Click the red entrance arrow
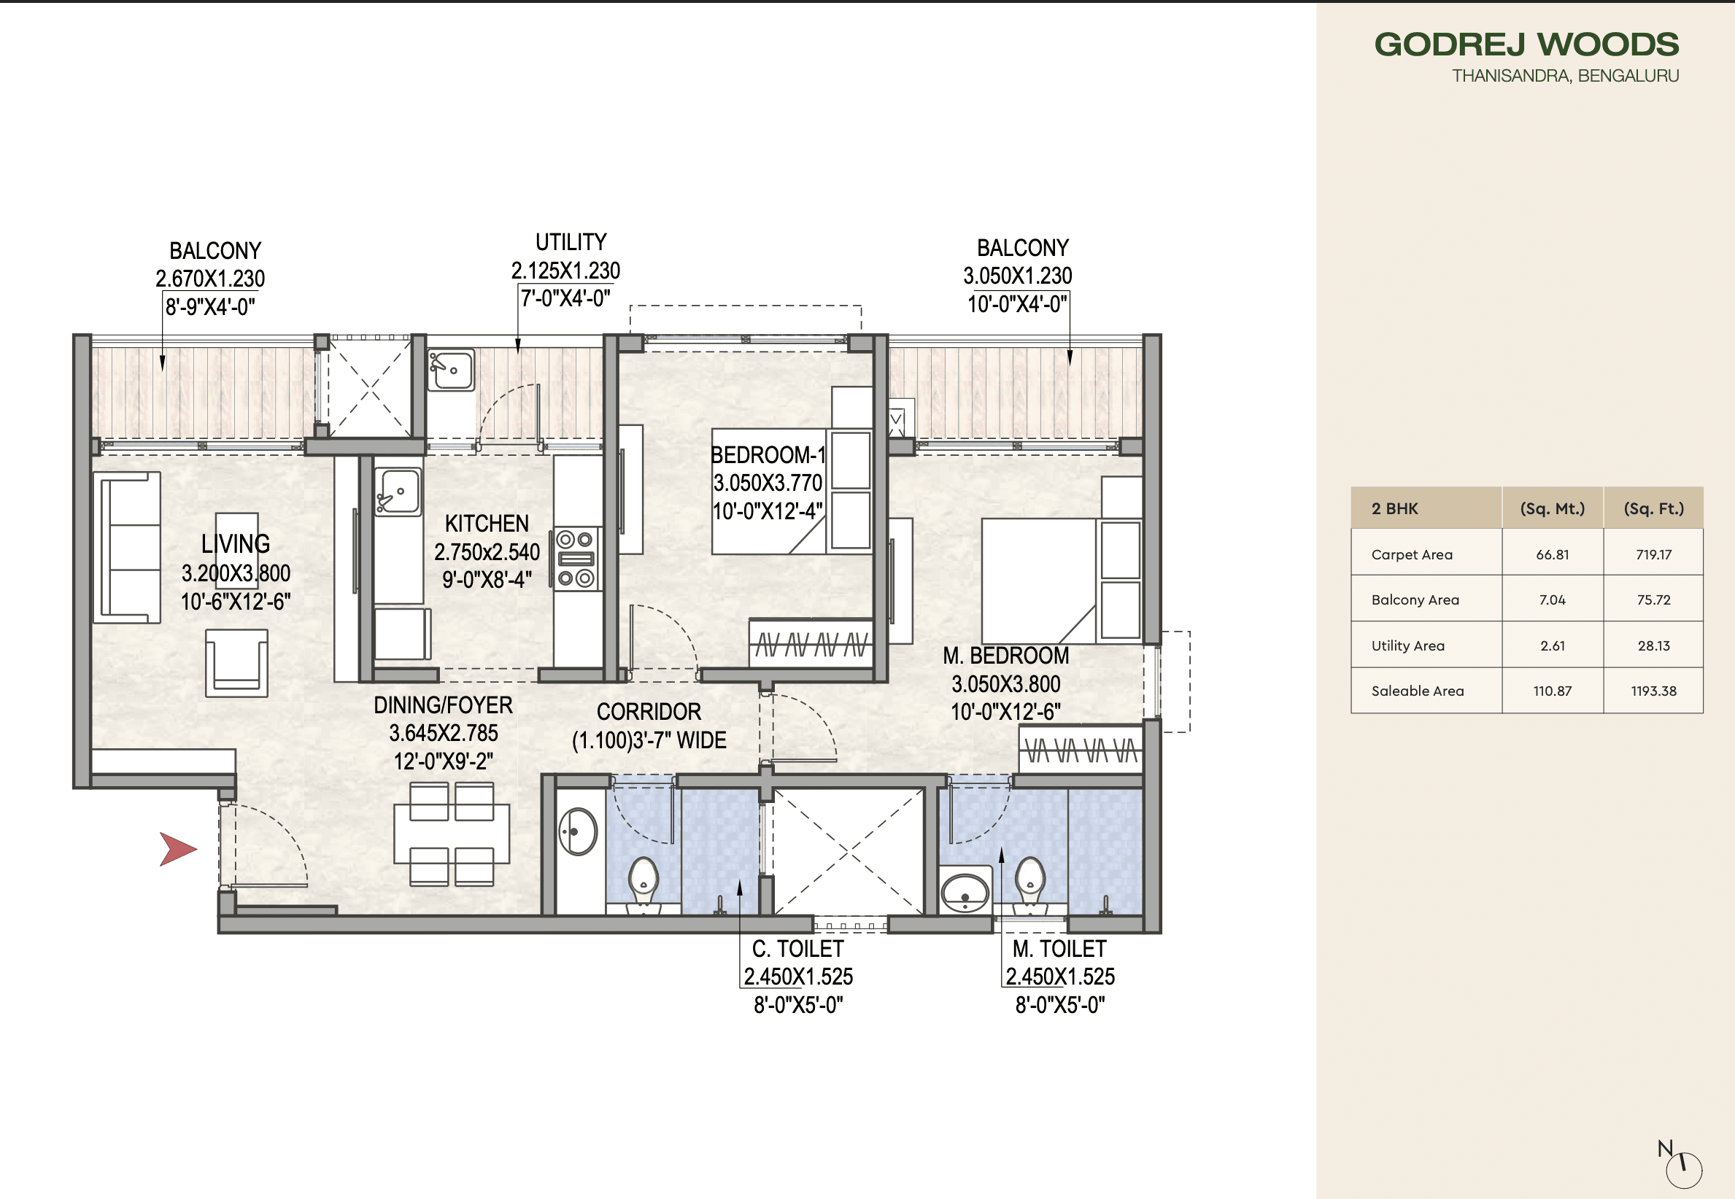pos(177,850)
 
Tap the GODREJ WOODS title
pos(1526,44)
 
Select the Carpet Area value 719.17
pos(1653,554)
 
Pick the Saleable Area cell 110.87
pos(1552,691)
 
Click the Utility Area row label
pos(1407,645)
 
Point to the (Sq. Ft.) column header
pos(1653,508)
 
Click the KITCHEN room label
pos(486,524)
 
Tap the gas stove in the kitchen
pos(576,558)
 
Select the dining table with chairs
pos(451,834)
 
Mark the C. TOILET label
pos(797,949)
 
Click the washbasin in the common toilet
pos(577,831)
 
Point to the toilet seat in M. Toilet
pos(1029,881)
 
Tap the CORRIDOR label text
pos(649,711)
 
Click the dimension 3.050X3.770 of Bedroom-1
pos(768,483)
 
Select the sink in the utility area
pos(451,370)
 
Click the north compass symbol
pos(1682,1168)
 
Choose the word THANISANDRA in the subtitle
pos(1510,76)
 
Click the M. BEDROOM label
pos(1005,656)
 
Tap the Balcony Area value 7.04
pos(1552,599)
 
